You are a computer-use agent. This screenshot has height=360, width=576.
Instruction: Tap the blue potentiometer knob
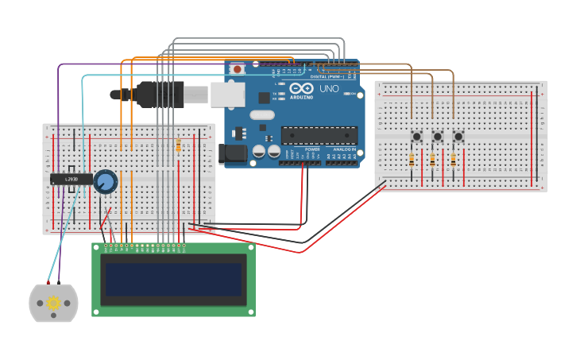(x=105, y=182)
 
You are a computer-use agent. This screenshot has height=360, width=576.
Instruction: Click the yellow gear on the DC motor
(x=54, y=303)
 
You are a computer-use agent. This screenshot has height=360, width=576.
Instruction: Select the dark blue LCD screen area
(x=173, y=280)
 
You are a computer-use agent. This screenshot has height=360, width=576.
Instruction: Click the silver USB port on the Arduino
(x=227, y=94)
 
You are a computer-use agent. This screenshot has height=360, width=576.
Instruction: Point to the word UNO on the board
(x=328, y=88)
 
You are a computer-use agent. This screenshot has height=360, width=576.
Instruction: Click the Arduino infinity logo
(x=301, y=88)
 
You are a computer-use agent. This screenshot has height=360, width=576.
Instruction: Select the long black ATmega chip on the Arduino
(x=319, y=135)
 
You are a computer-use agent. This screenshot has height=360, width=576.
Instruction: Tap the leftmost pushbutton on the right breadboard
(x=416, y=137)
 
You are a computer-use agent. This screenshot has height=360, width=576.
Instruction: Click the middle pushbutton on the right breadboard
(x=437, y=137)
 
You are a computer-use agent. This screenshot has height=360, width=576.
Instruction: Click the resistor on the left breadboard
(x=178, y=146)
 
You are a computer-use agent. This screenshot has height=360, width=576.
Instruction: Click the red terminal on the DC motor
(x=48, y=283)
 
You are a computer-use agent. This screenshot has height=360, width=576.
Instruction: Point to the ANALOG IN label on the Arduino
(x=344, y=149)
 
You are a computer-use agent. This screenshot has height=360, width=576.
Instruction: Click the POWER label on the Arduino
(x=312, y=149)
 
